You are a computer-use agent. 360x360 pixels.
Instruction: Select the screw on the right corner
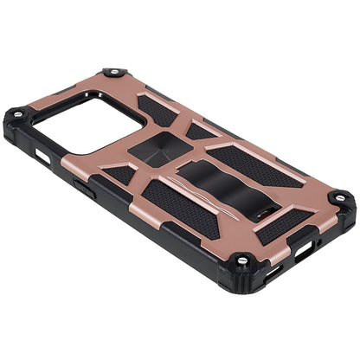tap(340, 198)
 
